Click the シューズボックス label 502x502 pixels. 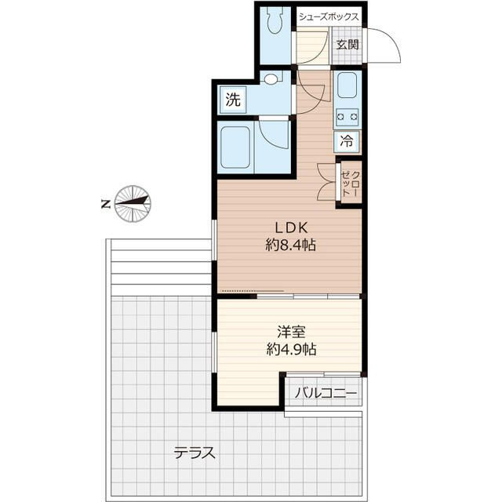pyautogui.click(x=329, y=17)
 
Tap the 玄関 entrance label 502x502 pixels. pyautogui.click(x=347, y=44)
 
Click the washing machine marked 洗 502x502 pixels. pyautogui.click(x=233, y=100)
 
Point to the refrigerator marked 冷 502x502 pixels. pyautogui.click(x=347, y=141)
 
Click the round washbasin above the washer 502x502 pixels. pyautogui.click(x=271, y=79)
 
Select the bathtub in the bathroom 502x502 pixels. pyautogui.click(x=235, y=147)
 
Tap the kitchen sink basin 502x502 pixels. pyautogui.click(x=347, y=85)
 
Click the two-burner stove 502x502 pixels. pyautogui.click(x=347, y=117)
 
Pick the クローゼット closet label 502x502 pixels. pyautogui.click(x=351, y=184)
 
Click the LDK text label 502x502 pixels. pyautogui.click(x=291, y=227)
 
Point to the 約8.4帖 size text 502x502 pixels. pyautogui.click(x=291, y=246)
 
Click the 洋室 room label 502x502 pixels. pyautogui.click(x=291, y=332)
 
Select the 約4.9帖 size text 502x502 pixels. pyautogui.click(x=291, y=350)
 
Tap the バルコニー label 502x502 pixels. pyautogui.click(x=326, y=392)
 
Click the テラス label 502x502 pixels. pyautogui.click(x=195, y=453)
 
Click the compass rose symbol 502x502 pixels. pyautogui.click(x=133, y=204)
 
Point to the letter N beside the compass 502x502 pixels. pyautogui.click(x=106, y=204)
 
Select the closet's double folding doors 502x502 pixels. pyautogui.click(x=326, y=182)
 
